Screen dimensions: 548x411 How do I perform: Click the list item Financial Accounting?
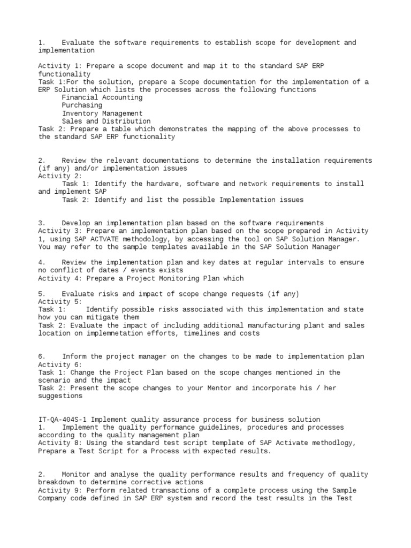click(102, 98)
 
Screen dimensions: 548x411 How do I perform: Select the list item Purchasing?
click(82, 105)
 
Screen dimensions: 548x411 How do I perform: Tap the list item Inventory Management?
click(102, 113)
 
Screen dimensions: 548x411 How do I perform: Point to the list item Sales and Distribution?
click(106, 121)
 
